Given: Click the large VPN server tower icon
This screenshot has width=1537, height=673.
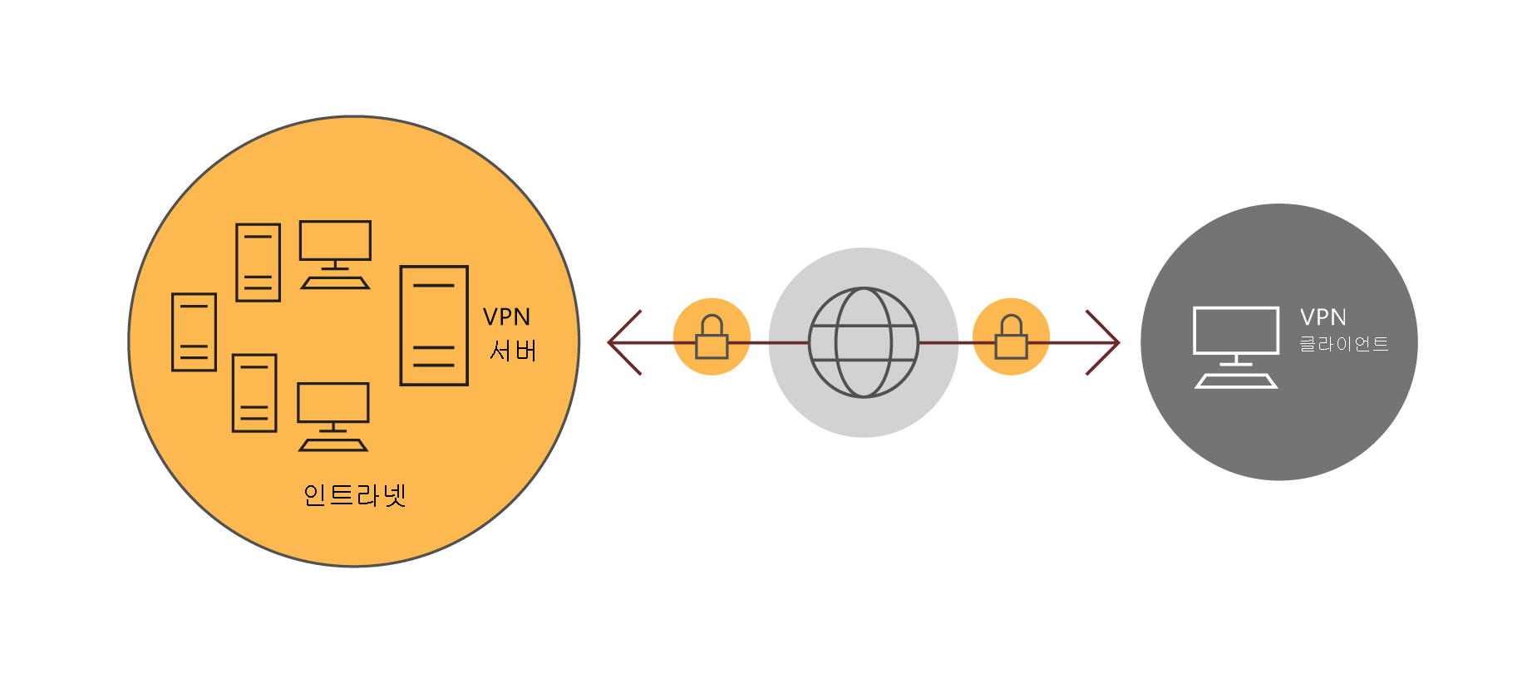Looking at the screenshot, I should coord(434,326).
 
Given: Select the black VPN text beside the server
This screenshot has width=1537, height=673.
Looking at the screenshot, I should coord(506,317).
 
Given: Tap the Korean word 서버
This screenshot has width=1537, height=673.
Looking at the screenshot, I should coord(513,351).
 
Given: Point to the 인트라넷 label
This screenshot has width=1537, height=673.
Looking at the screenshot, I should coord(355,495).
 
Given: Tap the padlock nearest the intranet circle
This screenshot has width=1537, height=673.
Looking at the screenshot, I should coord(712,337).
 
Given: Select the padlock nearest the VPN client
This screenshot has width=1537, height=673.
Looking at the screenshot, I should coord(1011,337).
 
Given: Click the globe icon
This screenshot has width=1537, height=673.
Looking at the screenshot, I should coord(864,342).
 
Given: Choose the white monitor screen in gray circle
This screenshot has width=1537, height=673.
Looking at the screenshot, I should coord(1236,331).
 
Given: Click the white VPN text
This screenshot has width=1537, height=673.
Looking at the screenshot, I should coord(1323,317).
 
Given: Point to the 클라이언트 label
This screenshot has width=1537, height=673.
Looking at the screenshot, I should coord(1344,344).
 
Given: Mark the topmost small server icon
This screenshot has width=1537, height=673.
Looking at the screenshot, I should coord(258,263).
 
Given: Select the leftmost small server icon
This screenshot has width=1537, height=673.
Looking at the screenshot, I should coord(194,332).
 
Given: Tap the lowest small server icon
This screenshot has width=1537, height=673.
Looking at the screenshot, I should coord(254,393).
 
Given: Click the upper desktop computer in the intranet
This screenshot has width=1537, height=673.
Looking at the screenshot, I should coord(335,253).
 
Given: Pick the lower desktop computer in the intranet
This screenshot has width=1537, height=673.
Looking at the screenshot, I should coord(333,415).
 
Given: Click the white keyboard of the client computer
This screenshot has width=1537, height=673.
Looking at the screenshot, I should coord(1236,381).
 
